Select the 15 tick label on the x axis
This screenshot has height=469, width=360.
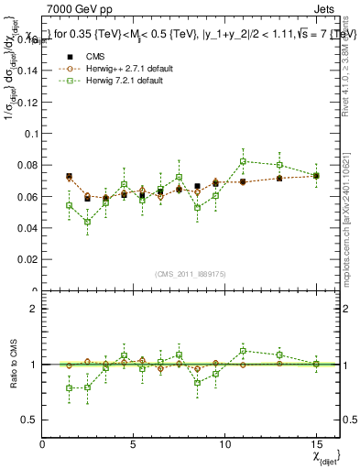(316, 443)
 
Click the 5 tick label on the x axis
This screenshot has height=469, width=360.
(134, 443)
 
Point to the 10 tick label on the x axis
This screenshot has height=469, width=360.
(224, 443)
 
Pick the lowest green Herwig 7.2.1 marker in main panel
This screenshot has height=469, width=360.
(87, 222)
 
